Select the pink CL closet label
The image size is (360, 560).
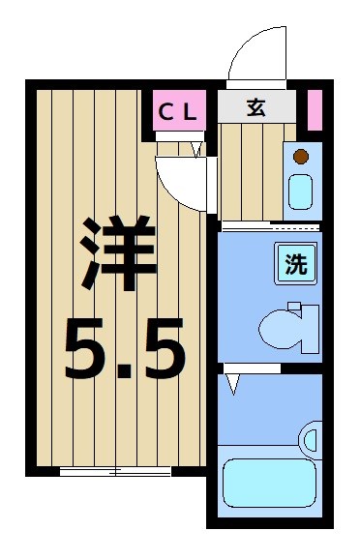pyautogui.click(x=181, y=110)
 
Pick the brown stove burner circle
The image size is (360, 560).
pyautogui.click(x=301, y=156)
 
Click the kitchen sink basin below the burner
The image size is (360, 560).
pyautogui.click(x=301, y=192)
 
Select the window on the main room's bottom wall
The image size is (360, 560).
pyautogui.click(x=115, y=471)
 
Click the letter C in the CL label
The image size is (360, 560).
pyautogui.click(x=166, y=110)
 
